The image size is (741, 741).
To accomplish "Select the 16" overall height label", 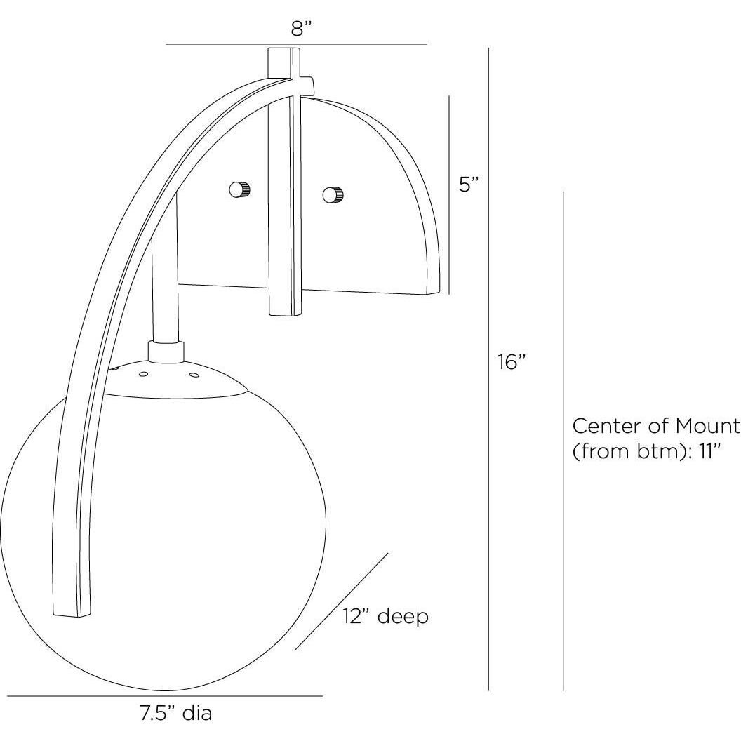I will pyautogui.click(x=512, y=363).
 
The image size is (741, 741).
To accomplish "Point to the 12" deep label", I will pyautogui.click(x=385, y=617).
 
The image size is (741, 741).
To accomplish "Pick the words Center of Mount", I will pyautogui.click(x=656, y=426).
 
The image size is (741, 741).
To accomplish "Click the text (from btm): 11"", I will pyautogui.click(x=647, y=450).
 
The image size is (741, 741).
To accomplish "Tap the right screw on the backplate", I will pyautogui.click(x=333, y=194).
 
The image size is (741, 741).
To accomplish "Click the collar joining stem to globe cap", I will pyautogui.click(x=166, y=351).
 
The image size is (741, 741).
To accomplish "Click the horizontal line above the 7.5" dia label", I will pyautogui.click(x=165, y=696).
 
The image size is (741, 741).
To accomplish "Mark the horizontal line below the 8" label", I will pyautogui.click(x=296, y=44).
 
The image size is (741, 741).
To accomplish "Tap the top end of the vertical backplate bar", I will pyautogui.click(x=283, y=53).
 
